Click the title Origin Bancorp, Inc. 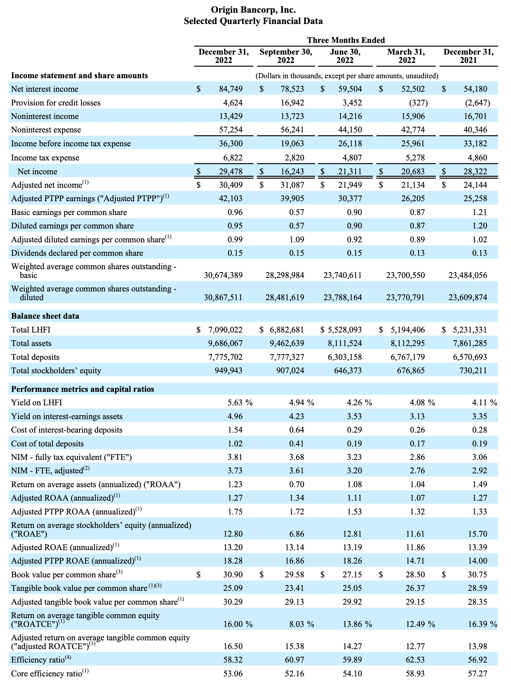[253, 10]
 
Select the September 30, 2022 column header [286, 56]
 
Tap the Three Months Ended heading [346, 40]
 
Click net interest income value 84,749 [231, 89]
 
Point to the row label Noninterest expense [46, 130]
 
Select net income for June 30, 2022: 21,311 [350, 171]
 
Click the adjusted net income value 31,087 [292, 185]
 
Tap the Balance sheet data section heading [45, 316]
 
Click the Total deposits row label [35, 357]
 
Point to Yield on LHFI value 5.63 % [240, 403]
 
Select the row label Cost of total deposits [48, 444]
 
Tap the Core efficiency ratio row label [50, 673]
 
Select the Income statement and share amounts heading [80, 76]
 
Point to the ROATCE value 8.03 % [301, 624]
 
